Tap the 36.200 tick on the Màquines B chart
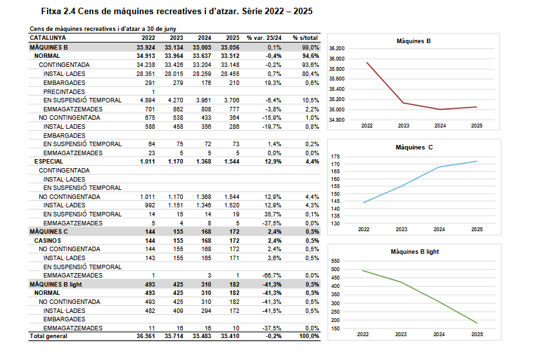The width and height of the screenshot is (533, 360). pyautogui.click(x=337, y=48)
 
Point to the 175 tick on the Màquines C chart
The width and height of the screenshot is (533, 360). pyautogui.click(x=334, y=156)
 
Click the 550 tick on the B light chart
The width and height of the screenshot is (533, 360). pyautogui.click(x=334, y=261)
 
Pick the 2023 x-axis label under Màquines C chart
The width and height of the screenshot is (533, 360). pyautogui.click(x=401, y=229)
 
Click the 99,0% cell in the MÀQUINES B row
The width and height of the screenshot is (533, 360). pyautogui.click(x=310, y=47)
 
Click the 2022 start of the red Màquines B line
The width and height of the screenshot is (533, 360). pyautogui.click(x=366, y=62)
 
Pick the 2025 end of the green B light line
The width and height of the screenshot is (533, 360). pyautogui.click(x=477, y=323)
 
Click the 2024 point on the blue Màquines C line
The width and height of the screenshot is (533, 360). pyautogui.click(x=440, y=167)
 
